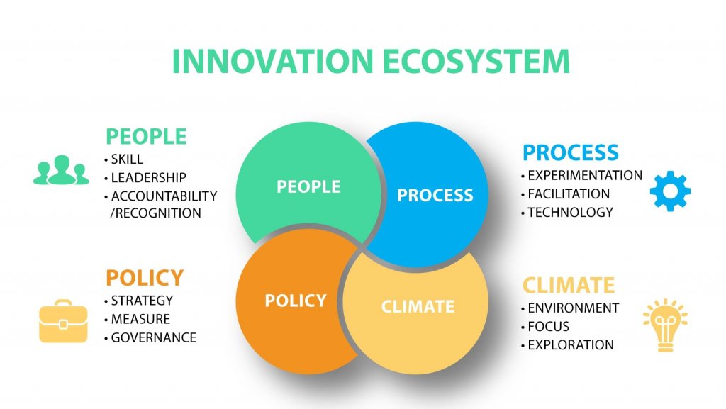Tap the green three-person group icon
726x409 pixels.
point(61,170)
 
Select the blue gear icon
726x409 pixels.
point(670,191)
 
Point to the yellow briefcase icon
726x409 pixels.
point(63,322)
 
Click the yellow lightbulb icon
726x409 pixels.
point(665,325)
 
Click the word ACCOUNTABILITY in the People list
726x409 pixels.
point(164,196)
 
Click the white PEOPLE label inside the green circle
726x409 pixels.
point(308,187)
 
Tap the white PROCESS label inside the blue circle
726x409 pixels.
point(435,195)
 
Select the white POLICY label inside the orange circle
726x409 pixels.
point(296,301)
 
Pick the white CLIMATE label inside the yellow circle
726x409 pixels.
point(418,307)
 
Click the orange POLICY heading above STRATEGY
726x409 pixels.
point(145,278)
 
